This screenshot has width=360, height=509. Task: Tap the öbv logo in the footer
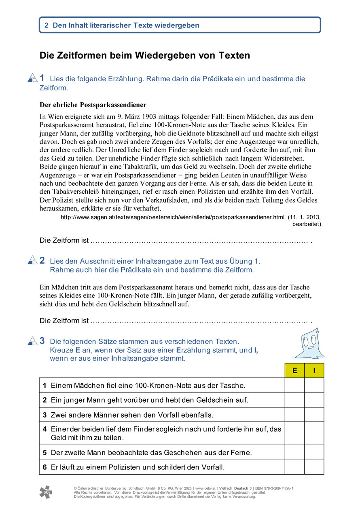click(45, 492)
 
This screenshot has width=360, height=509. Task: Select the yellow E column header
click(294, 370)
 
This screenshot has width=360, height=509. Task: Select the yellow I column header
click(314, 370)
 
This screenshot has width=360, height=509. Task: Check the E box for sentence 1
click(294, 385)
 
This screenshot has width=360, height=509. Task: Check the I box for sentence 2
click(314, 400)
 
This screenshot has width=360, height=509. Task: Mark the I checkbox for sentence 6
click(314, 467)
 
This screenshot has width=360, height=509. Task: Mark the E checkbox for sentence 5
click(294, 452)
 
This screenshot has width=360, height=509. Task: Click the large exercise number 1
click(42, 78)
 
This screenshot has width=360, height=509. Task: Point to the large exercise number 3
click(42, 341)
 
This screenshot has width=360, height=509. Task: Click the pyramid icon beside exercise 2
click(32, 260)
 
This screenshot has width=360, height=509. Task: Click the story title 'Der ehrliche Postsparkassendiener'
click(93, 105)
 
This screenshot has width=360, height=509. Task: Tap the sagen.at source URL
click(172, 217)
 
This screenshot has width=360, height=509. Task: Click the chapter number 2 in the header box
click(47, 25)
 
